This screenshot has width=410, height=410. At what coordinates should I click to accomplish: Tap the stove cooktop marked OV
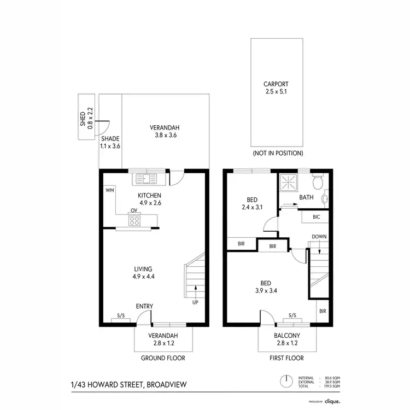tap(134, 220)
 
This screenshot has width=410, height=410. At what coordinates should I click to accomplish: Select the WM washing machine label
tap(109, 190)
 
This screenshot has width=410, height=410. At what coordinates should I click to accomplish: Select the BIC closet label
tap(315, 216)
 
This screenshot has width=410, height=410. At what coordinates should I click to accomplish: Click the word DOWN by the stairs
tap(319, 237)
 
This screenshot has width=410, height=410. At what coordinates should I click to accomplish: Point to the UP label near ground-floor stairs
tap(195, 302)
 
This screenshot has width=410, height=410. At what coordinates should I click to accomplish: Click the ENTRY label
tap(144, 306)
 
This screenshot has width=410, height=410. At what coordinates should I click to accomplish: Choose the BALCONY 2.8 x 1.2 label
tap(286, 339)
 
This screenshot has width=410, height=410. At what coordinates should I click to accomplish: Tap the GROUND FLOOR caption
tap(163, 359)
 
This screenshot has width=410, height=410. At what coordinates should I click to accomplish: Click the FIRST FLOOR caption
tap(286, 359)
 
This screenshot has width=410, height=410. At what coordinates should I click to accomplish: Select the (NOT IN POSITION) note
tap(277, 154)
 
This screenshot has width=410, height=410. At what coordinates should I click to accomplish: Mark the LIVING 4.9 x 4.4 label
tap(143, 273)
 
